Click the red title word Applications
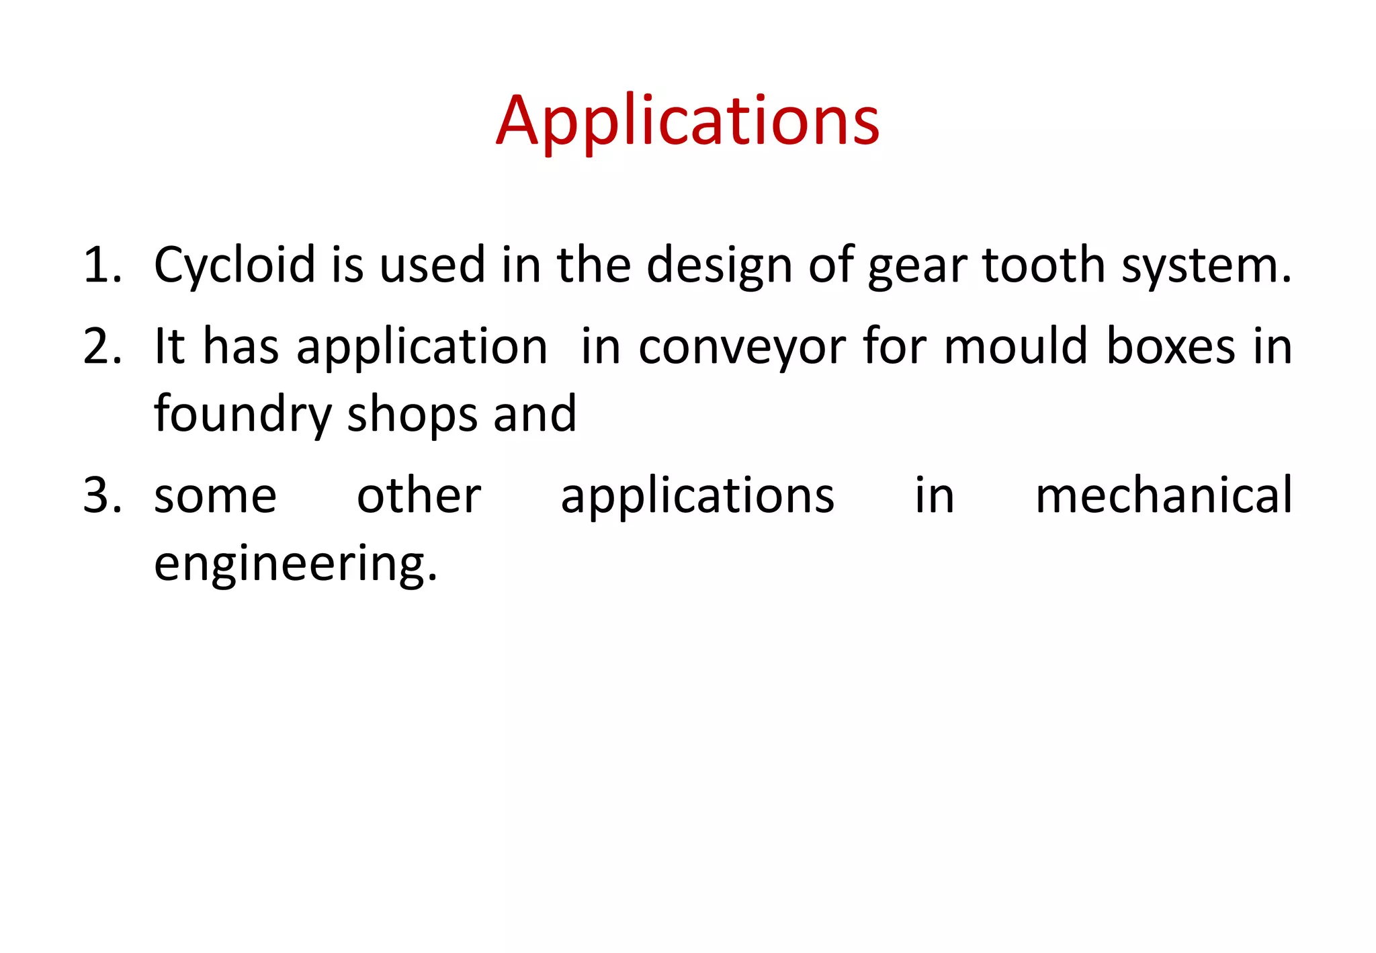pyautogui.click(x=687, y=121)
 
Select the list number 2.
pyautogui.click(x=102, y=347)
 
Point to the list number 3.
pyautogui.click(x=102, y=496)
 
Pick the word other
pyautogui.click(x=419, y=496)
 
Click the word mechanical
pyautogui.click(x=1164, y=496)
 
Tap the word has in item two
pyautogui.click(x=241, y=347)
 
